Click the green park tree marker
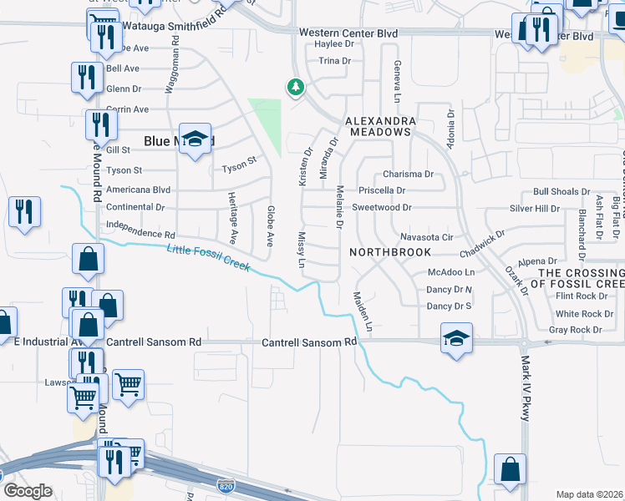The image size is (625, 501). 295,86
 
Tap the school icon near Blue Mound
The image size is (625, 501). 195,140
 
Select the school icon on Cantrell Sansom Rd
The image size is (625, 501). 455,339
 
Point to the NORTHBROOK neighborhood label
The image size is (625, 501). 390,251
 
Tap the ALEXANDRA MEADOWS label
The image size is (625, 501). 381,126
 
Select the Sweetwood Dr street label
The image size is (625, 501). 382,207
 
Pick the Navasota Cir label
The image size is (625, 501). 426,237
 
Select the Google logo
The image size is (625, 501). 27,491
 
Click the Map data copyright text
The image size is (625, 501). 590,494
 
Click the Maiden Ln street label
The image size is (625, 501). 362,310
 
